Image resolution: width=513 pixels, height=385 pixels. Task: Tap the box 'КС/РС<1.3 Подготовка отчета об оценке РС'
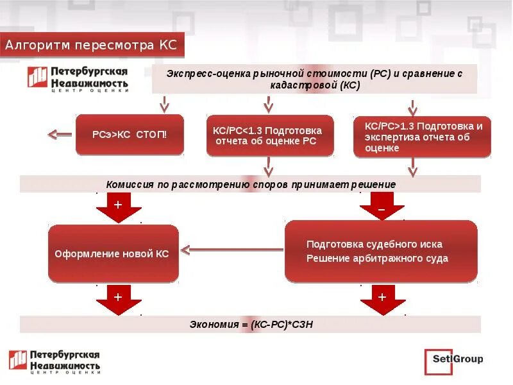click(x=269, y=135)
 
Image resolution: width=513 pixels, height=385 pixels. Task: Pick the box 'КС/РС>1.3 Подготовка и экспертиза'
click(x=423, y=137)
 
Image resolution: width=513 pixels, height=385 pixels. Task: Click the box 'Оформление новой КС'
click(x=114, y=253)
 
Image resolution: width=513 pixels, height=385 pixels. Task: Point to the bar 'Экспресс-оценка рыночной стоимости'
click(x=314, y=79)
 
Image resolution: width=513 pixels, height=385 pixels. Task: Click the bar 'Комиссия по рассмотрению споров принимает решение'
click(x=250, y=184)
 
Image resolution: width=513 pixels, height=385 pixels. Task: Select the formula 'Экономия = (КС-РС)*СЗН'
click(x=250, y=325)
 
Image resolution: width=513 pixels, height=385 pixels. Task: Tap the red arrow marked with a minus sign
click(x=382, y=208)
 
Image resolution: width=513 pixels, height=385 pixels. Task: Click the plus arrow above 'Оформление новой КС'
click(x=118, y=207)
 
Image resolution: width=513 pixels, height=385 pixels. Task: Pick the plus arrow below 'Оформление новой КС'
click(x=118, y=300)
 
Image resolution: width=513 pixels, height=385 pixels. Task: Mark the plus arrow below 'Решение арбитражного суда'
click(x=382, y=300)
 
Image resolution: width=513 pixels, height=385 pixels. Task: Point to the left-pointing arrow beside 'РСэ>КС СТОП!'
click(x=61, y=135)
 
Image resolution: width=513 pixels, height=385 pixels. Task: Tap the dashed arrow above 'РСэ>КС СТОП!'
click(x=164, y=103)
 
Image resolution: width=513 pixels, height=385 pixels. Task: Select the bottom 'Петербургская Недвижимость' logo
click(x=55, y=361)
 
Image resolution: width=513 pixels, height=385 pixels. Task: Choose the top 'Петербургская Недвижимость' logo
click(x=77, y=78)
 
